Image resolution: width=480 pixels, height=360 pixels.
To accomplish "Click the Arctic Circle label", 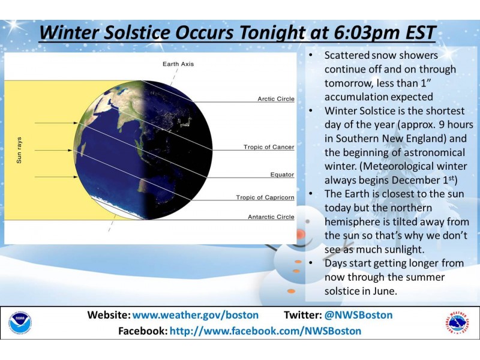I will coord(276,99).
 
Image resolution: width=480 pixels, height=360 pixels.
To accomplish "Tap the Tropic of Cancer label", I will coord(269,147).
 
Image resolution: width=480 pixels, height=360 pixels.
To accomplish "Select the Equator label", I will coord(282,175).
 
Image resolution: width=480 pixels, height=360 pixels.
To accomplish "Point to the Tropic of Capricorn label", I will coord(265,197).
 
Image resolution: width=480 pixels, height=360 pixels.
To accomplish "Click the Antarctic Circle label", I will coord(271,217).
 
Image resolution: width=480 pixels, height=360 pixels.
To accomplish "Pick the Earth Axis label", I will coord(178,64).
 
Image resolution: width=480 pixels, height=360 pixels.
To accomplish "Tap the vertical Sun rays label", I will coord(19,150).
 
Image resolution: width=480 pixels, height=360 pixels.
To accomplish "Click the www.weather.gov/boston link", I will coord(196,315).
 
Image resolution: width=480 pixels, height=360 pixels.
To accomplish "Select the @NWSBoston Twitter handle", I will coord(359,315).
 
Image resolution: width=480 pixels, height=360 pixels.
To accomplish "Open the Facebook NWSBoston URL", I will coord(265,331).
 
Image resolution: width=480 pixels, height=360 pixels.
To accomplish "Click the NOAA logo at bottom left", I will coord(20,323).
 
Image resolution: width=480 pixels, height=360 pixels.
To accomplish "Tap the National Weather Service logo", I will coord(458,323).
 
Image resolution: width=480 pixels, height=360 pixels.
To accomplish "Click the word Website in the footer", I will coord(108,315).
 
